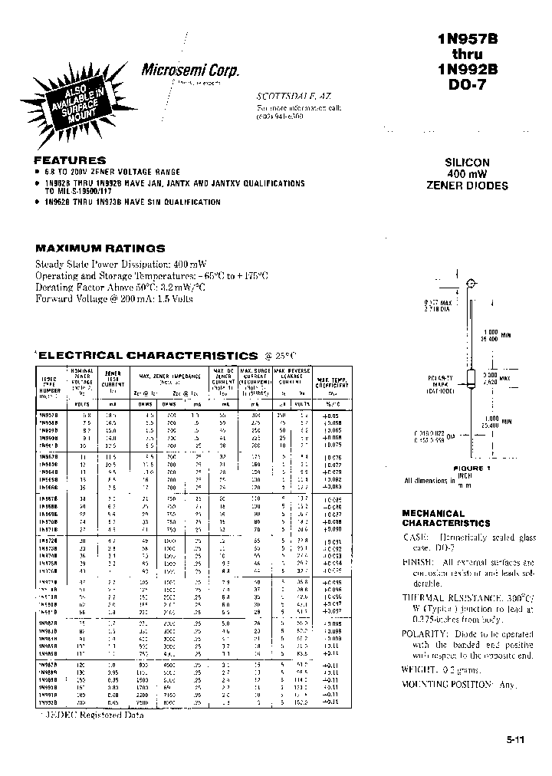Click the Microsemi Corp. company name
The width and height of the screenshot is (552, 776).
[x=191, y=70]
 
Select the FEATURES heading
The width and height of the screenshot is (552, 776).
[x=70, y=160]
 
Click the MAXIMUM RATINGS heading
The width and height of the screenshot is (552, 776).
[x=100, y=248]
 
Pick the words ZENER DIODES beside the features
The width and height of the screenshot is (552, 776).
[x=467, y=186]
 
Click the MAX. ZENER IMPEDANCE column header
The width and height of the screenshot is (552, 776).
[x=170, y=376]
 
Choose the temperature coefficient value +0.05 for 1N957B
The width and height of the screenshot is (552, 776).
[x=331, y=414]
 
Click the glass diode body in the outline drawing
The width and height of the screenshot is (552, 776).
[x=470, y=378]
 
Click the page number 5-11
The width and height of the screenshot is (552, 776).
[x=515, y=740]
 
